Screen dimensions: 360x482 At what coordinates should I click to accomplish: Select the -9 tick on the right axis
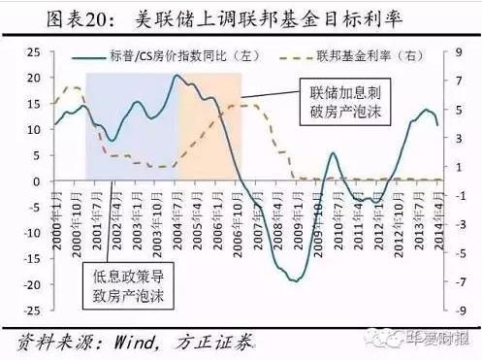pyautogui.click(x=448, y=311)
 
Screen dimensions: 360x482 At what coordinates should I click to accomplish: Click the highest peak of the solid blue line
pyautogui.click(x=177, y=76)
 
